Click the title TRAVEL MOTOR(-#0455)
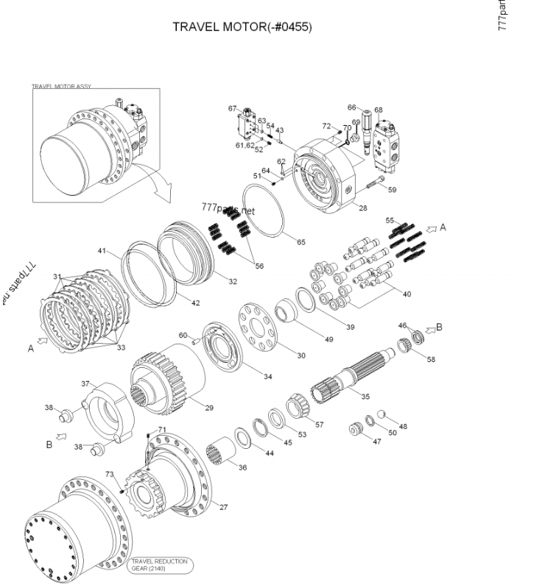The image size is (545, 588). pos(242,27)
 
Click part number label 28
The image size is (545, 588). pos(362,208)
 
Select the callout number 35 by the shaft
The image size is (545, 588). pos(365,396)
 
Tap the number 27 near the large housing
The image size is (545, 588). pos(224,507)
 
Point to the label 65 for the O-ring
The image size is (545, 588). pos(300,241)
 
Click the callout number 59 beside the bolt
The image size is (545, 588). pos(392,190)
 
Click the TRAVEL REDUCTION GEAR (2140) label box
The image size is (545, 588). pos(159,565)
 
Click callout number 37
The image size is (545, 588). pos(85,383)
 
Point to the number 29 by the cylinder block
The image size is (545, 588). pos(209,407)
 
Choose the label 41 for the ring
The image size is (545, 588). pos(102,251)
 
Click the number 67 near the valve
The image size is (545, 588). pos(232,109)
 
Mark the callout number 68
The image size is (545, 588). pos(378,110)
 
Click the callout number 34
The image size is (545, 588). pos(268,377)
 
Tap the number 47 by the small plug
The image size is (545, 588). pos(376,442)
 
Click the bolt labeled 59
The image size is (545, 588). pos(374,181)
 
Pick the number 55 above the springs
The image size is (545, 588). pos(390,220)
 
